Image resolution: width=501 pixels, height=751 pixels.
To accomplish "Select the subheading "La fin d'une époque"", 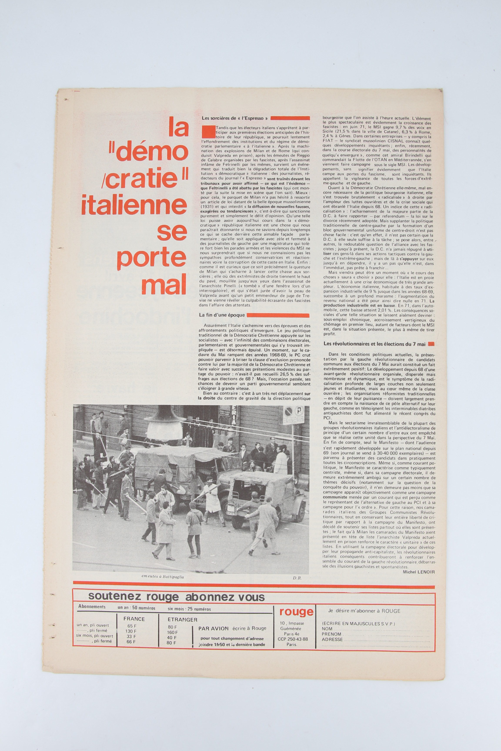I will pos(222,315).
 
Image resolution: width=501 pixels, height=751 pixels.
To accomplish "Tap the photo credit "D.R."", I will pos(297,578).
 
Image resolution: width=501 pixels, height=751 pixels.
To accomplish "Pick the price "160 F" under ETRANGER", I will pos(172,632).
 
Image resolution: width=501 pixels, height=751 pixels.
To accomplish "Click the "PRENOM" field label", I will pos(331,634).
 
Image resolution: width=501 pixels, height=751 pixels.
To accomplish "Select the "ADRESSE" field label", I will pos(332,640).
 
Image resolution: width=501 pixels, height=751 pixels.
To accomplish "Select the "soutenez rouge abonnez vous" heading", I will pos(176,597).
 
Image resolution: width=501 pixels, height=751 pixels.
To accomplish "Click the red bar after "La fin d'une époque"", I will pos(278,315).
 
